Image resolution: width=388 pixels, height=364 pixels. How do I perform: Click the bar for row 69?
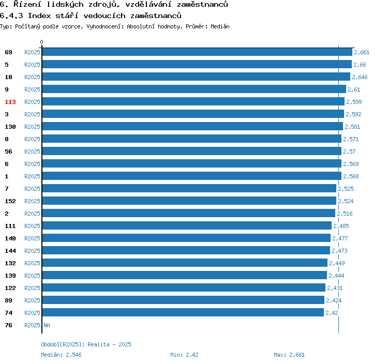pos(197,52)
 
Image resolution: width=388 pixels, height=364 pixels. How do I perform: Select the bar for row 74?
pos(183,313)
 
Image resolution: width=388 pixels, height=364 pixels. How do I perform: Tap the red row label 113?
pos(10,102)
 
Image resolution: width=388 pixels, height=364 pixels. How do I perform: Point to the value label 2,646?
pos(360,77)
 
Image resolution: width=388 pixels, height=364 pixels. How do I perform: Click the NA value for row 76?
pos(47,325)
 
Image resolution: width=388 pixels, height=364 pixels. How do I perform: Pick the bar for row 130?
pos(192,127)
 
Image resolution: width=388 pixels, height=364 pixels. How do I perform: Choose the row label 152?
pos(10,201)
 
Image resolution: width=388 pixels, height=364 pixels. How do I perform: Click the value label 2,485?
pos(341,226)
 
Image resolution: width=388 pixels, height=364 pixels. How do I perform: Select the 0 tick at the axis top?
pos(42,42)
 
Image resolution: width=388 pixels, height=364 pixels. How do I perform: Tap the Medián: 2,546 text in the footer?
pos(61,355)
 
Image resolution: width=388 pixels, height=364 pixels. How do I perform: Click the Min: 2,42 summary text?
pos(184,355)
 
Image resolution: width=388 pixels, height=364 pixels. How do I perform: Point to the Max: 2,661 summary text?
pos(289,355)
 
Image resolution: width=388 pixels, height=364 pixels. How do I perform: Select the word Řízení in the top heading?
pos(23,4)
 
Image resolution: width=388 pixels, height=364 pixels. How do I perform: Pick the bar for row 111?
pos(186,226)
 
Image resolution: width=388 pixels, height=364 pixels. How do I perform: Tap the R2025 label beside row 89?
pos(32,300)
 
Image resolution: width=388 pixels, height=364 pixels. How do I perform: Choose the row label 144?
pos(10,251)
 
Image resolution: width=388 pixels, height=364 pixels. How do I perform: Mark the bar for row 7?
pos(189,189)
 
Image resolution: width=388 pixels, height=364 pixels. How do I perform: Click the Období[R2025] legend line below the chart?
pos(86,344)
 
